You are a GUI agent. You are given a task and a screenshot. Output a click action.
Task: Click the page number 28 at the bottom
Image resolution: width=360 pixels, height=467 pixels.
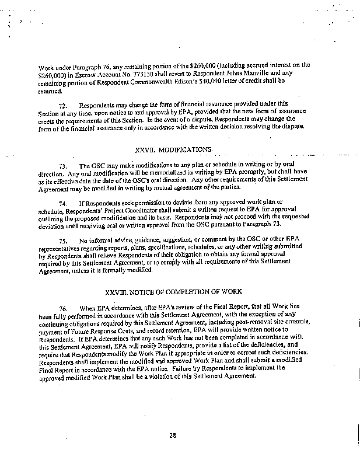point(172,433)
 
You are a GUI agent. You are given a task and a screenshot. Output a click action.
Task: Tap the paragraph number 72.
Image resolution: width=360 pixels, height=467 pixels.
point(64,104)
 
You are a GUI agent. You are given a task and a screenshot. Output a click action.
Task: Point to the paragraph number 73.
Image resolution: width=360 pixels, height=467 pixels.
point(64,166)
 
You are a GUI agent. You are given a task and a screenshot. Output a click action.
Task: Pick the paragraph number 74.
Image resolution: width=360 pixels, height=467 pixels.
point(64,202)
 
